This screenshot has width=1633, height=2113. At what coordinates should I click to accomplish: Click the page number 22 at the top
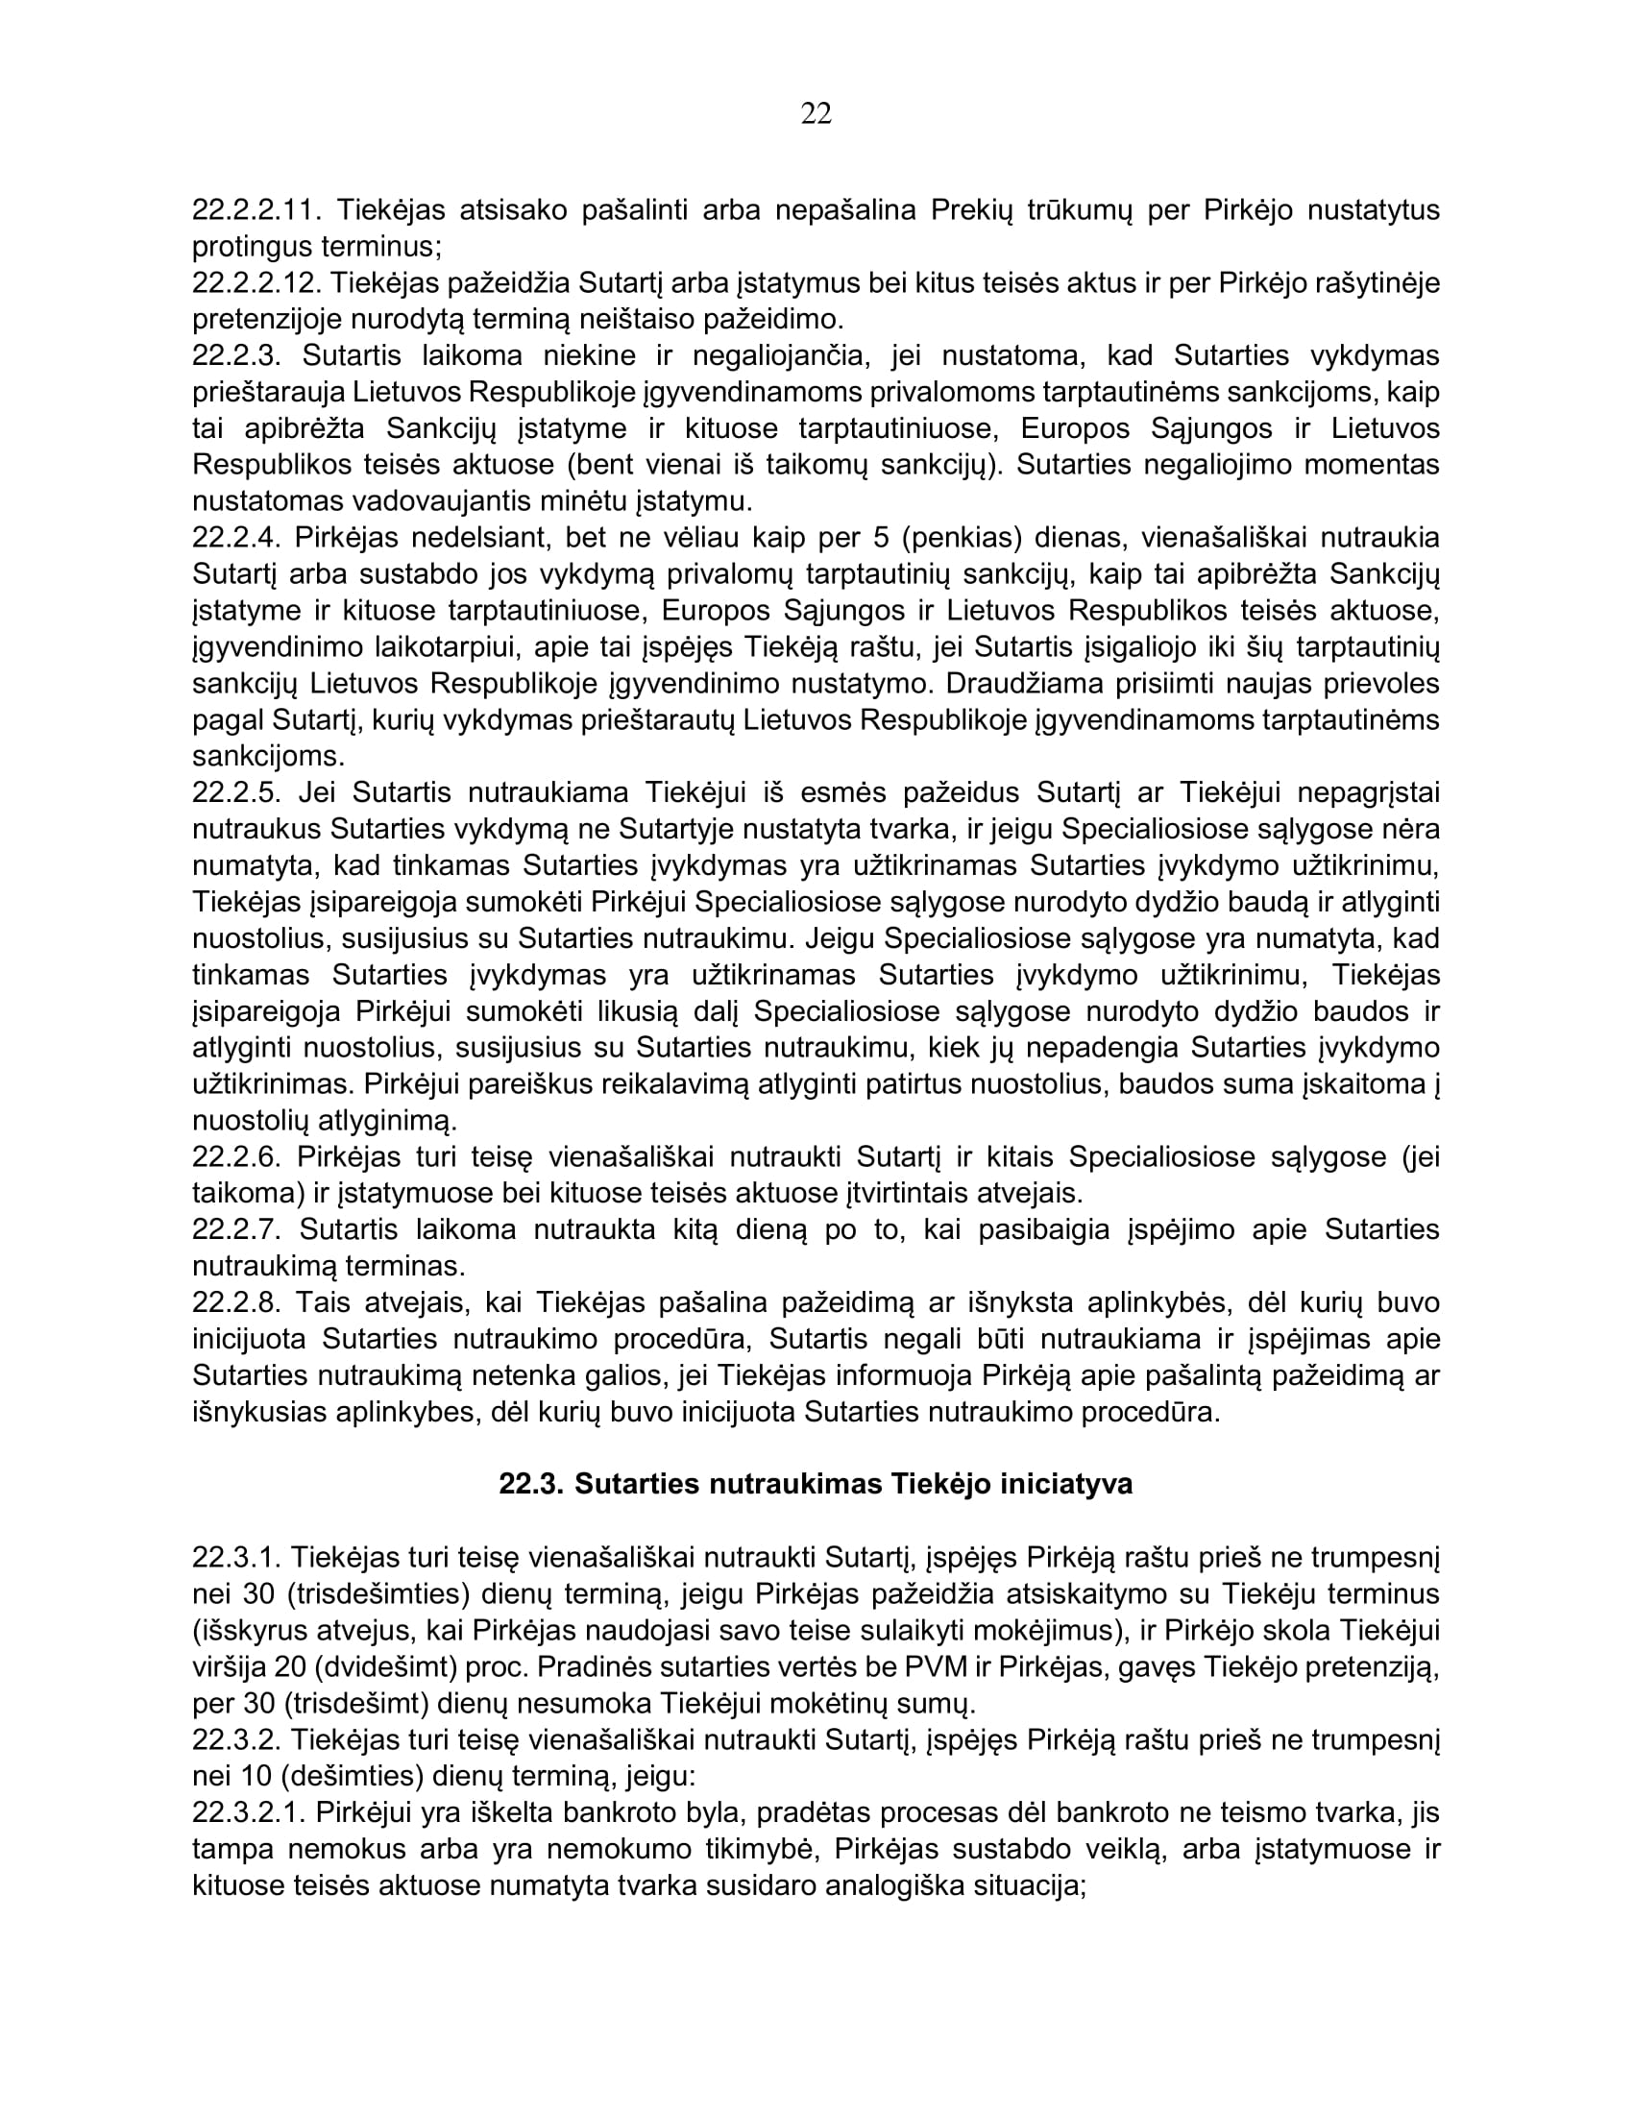[816, 114]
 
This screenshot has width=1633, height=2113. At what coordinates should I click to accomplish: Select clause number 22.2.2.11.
[256, 210]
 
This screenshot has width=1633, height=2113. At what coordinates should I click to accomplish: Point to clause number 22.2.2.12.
[256, 282]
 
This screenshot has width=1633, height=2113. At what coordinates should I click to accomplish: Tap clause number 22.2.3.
[235, 356]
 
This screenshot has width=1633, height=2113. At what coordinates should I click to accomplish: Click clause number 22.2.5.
[235, 793]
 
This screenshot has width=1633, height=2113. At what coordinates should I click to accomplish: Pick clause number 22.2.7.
[235, 1229]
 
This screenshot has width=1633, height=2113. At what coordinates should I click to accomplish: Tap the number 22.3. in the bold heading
[531, 1484]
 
